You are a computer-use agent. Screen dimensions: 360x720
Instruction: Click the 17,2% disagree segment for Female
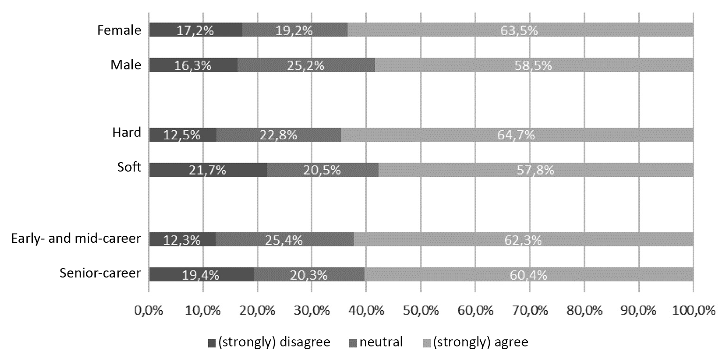pos(196,30)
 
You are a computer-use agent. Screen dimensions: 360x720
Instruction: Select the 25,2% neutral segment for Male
pos(306,65)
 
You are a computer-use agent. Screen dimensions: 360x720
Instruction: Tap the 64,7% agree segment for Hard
pos(517,135)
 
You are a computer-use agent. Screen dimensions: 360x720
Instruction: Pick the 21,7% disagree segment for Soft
pos(208,170)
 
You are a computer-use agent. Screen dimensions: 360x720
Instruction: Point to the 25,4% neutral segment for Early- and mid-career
pos(285,240)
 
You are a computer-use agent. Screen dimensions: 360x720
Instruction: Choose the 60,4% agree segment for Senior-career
pos(529,275)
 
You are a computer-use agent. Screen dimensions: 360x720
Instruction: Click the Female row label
pos(119,30)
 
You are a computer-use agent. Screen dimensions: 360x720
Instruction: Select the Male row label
pos(126,65)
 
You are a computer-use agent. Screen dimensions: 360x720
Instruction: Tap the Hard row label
pos(126,133)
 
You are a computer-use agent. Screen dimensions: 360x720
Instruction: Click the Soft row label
pos(129,167)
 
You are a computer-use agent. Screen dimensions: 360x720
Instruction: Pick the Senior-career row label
pos(100,274)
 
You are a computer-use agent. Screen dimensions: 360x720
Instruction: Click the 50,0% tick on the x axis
pos(420,310)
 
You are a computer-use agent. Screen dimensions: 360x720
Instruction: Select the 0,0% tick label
pos(149,310)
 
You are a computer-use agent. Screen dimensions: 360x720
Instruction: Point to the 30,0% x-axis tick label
pos(311,310)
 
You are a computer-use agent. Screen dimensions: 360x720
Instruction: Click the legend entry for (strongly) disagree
pos(269,342)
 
